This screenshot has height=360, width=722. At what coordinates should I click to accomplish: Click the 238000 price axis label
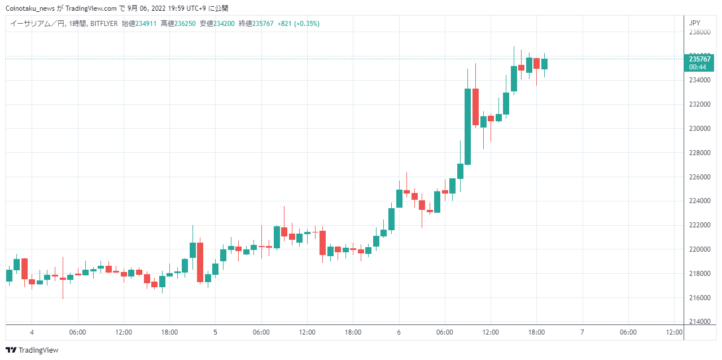[x=700, y=32]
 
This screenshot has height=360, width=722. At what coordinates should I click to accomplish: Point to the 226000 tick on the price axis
[x=700, y=177]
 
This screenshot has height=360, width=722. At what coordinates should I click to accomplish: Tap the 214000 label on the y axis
[x=700, y=321]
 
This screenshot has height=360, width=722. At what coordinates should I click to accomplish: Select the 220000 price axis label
[x=700, y=249]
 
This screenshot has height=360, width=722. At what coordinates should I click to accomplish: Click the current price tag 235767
[x=700, y=59]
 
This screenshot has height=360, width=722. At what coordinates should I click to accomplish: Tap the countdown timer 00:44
[x=698, y=67]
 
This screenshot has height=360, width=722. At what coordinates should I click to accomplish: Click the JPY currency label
[x=694, y=23]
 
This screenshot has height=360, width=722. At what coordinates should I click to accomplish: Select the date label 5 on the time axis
[x=215, y=332]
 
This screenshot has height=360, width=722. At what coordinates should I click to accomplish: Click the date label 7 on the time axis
[x=582, y=332]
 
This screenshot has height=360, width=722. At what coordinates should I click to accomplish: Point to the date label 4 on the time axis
[x=32, y=332]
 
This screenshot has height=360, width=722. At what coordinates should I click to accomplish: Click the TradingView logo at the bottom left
[x=32, y=350]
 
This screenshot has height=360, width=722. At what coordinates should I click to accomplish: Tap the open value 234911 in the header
[x=146, y=24]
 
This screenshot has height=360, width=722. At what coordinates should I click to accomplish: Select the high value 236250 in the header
[x=185, y=24]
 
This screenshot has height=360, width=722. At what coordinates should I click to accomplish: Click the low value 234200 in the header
[x=224, y=24]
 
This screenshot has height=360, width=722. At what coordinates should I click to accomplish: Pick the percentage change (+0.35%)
[x=307, y=24]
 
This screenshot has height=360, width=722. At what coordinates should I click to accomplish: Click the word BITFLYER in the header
[x=104, y=24]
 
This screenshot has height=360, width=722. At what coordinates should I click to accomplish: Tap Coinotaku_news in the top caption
[x=30, y=8]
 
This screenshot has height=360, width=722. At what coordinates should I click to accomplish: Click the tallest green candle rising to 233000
[x=467, y=126]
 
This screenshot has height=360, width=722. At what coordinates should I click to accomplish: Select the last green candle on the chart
[x=544, y=64]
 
